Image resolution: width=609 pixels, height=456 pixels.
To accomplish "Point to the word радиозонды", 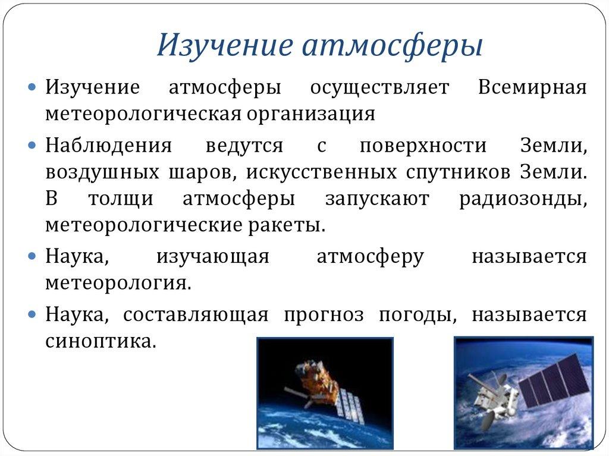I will tap(523, 199).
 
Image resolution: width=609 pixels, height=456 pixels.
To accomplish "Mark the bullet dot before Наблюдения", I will tap(33, 146).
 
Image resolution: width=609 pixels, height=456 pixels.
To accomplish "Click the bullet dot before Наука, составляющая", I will tap(33, 315).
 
